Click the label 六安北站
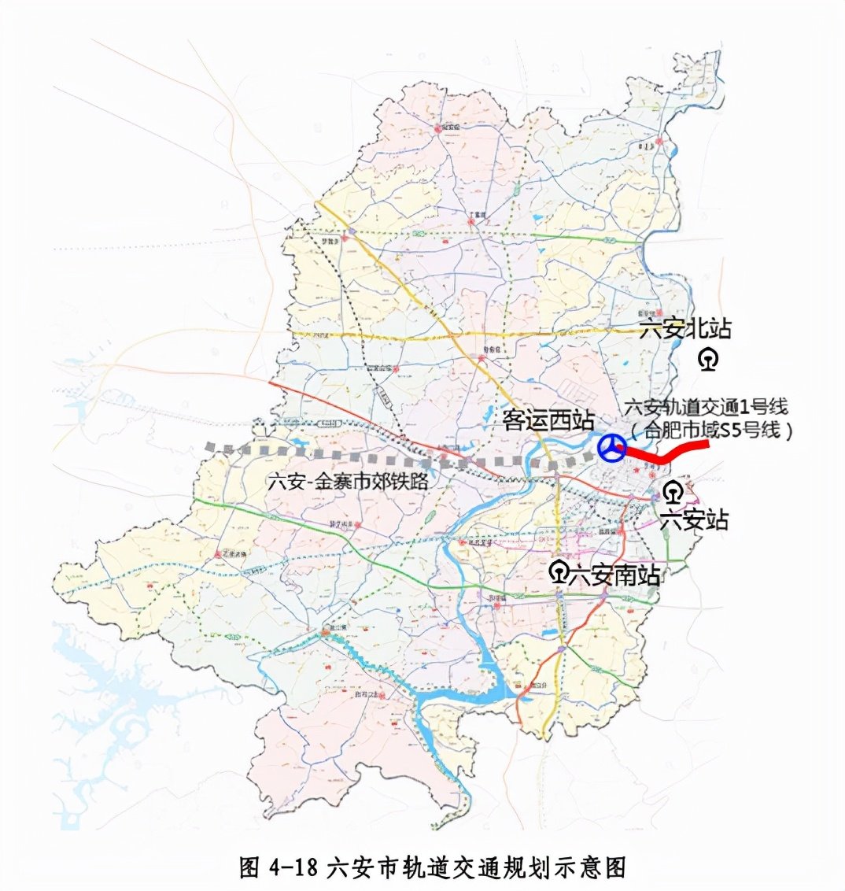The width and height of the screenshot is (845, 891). pyautogui.click(x=685, y=329)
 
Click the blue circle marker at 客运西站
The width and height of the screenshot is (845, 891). pyautogui.click(x=611, y=449)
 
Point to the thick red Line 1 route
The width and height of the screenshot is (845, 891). pyautogui.click(x=669, y=453)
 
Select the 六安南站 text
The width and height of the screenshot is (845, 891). pyautogui.click(x=614, y=573)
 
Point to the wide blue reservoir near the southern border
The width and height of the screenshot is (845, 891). pyautogui.click(x=464, y=693)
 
